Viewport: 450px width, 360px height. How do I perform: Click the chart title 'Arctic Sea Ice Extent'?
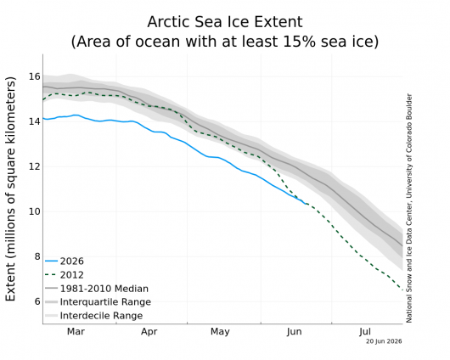tap(225, 22)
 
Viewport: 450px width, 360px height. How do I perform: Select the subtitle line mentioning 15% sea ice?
tap(225, 42)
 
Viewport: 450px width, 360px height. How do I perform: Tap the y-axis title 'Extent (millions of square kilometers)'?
tap(10, 188)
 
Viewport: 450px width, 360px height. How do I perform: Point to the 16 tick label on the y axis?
tap(35, 76)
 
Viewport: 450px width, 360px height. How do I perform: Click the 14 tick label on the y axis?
tap(35, 121)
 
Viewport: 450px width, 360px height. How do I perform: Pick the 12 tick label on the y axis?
tap(35, 166)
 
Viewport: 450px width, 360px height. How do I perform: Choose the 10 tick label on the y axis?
tap(35, 212)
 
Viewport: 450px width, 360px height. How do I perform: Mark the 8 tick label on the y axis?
tap(37, 256)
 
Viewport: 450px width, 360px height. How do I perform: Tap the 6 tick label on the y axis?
tap(37, 301)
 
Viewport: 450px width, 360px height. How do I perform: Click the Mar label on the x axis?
tap(76, 332)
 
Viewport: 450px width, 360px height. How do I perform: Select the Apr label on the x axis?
tap(149, 332)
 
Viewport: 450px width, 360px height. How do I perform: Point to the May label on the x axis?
tap(220, 332)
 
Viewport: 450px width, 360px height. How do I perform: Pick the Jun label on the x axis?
tap(294, 332)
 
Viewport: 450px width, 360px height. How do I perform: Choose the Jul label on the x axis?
tap(365, 332)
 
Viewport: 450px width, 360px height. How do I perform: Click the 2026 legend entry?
tap(65, 262)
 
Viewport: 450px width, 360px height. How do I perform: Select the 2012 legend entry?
tap(65, 275)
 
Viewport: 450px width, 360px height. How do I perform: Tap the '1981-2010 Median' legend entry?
tap(97, 289)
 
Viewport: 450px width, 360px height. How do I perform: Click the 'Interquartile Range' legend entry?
tap(98, 302)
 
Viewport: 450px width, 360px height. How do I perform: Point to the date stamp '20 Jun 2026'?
tap(384, 341)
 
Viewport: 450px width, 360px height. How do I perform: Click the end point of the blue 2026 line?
tap(306, 204)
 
